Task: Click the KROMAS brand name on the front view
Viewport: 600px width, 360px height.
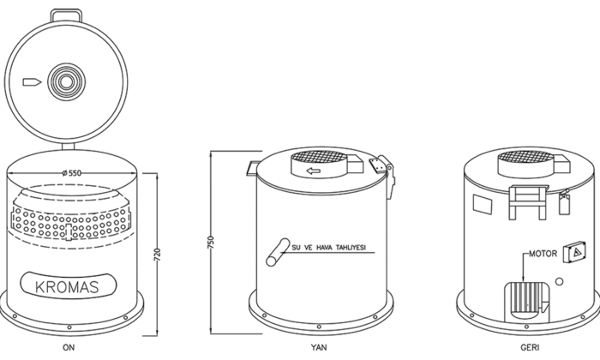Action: pyautogui.click(x=67, y=287)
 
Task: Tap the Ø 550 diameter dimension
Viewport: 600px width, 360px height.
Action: pyautogui.click(x=71, y=173)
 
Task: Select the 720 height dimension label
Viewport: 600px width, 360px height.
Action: pyautogui.click(x=157, y=255)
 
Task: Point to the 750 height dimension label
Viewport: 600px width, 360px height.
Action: pyautogui.click(x=211, y=243)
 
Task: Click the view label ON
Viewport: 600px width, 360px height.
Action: pyautogui.click(x=69, y=347)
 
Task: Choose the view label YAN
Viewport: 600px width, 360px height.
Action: pyautogui.click(x=319, y=347)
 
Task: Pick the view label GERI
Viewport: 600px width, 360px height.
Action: pyautogui.click(x=530, y=347)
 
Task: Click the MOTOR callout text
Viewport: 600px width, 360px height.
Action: pyautogui.click(x=543, y=254)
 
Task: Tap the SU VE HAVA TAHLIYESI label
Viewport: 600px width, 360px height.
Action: pyautogui.click(x=328, y=248)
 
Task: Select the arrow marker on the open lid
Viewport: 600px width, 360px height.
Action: pyautogui.click(x=33, y=82)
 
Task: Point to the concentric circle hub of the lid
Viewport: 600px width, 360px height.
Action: pyautogui.click(x=67, y=82)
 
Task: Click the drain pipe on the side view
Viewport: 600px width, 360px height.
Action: pyautogui.click(x=278, y=252)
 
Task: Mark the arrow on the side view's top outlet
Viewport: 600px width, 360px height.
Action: pyautogui.click(x=314, y=171)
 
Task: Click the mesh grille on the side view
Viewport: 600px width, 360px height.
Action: pyautogui.click(x=318, y=157)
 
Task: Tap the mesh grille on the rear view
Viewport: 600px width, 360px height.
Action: pyautogui.click(x=525, y=157)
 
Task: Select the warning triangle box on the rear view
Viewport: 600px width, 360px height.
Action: pyautogui.click(x=574, y=252)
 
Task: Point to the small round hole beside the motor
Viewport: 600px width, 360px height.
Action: pyautogui.click(x=559, y=282)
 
